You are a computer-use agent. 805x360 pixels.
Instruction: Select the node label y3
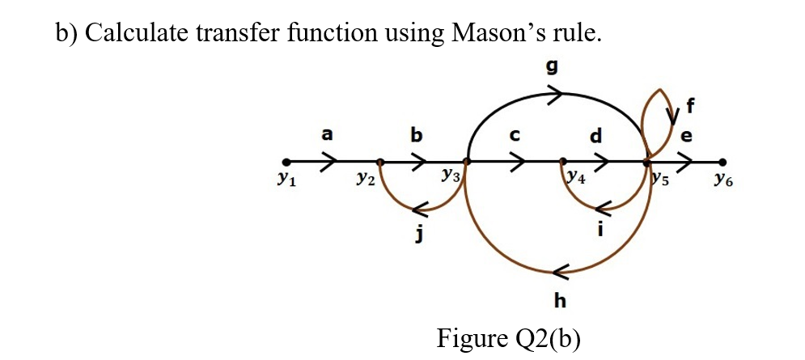450,176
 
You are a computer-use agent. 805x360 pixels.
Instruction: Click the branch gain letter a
327,135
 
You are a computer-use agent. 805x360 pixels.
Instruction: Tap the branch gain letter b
416,134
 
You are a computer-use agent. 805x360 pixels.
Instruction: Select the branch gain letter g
553,68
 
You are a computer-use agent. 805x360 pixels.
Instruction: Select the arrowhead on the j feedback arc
419,210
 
